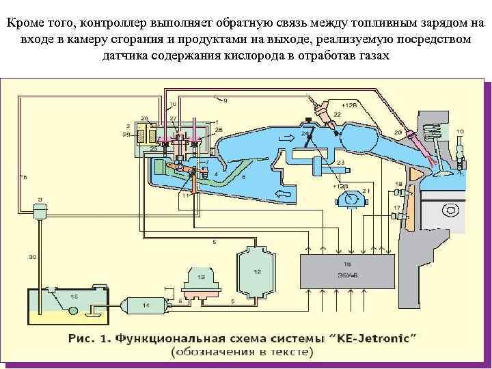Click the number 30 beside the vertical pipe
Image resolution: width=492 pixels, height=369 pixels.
tap(32, 257)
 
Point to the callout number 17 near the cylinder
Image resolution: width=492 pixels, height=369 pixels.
tap(396, 207)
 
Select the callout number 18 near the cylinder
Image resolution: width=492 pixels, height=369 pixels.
tap(398, 184)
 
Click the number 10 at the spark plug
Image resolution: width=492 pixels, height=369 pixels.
tap(460, 131)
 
